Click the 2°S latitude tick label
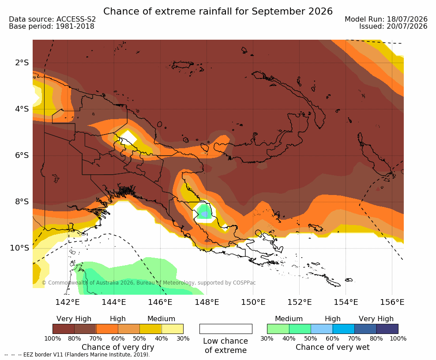coord(22,63)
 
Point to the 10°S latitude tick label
coord(19,248)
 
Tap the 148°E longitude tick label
coord(207,302)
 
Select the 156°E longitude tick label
coord(392,302)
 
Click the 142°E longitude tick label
coord(68,302)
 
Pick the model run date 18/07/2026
coord(407,19)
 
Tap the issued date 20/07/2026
coord(407,26)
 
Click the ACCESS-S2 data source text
coord(76,19)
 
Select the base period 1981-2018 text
coord(75,26)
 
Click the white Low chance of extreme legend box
coord(226,329)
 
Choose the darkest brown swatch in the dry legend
coord(64,329)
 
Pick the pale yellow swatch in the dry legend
coord(173,329)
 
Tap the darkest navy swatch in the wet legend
coord(387,329)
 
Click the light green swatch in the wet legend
coord(278,329)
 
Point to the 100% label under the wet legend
coord(398,338)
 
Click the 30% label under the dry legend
coord(183,338)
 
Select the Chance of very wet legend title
coord(333,347)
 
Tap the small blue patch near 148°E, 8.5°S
coord(205,214)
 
